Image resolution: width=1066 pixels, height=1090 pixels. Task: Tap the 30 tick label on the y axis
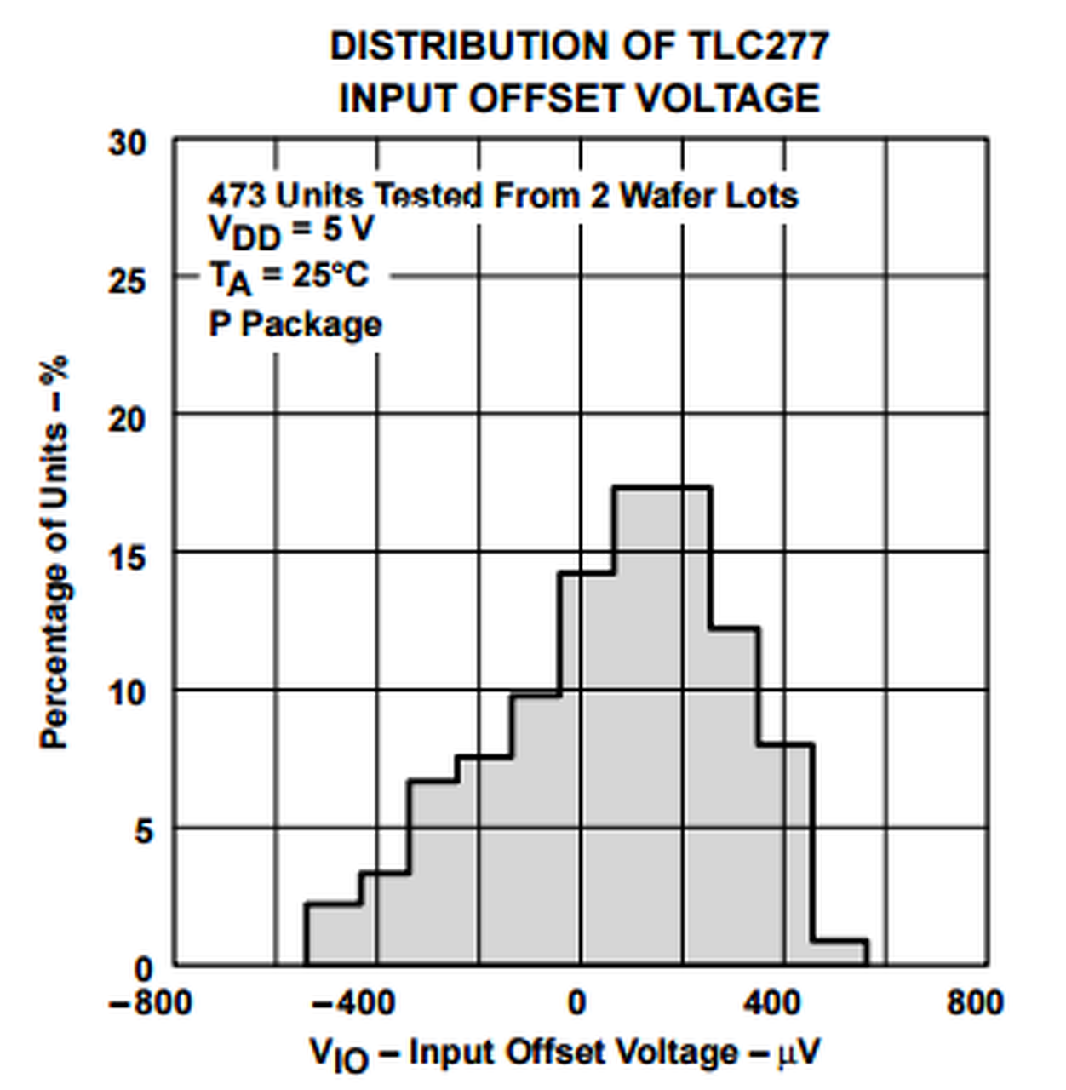[127, 143]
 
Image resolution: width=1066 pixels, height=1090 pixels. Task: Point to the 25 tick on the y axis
[127, 281]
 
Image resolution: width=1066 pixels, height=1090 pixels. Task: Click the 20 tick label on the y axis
[127, 419]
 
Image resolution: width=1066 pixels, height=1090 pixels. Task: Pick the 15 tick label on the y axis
[127, 557]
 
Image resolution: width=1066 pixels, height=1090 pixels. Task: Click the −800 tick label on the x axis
[150, 1002]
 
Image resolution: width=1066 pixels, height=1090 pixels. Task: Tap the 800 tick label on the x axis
[974, 1002]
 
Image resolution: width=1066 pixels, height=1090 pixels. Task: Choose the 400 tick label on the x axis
[771, 1002]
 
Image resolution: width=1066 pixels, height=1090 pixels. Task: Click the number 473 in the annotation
[238, 197]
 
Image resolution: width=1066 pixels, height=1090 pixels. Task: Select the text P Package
[295, 324]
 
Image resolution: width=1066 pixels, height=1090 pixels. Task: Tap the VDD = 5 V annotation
[290, 231]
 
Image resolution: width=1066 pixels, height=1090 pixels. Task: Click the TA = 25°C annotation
[289, 277]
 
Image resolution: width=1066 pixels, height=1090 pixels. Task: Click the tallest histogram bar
[662, 724]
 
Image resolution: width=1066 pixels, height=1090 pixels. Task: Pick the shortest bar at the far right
[840, 953]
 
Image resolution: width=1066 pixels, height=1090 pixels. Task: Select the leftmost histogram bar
[332, 934]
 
